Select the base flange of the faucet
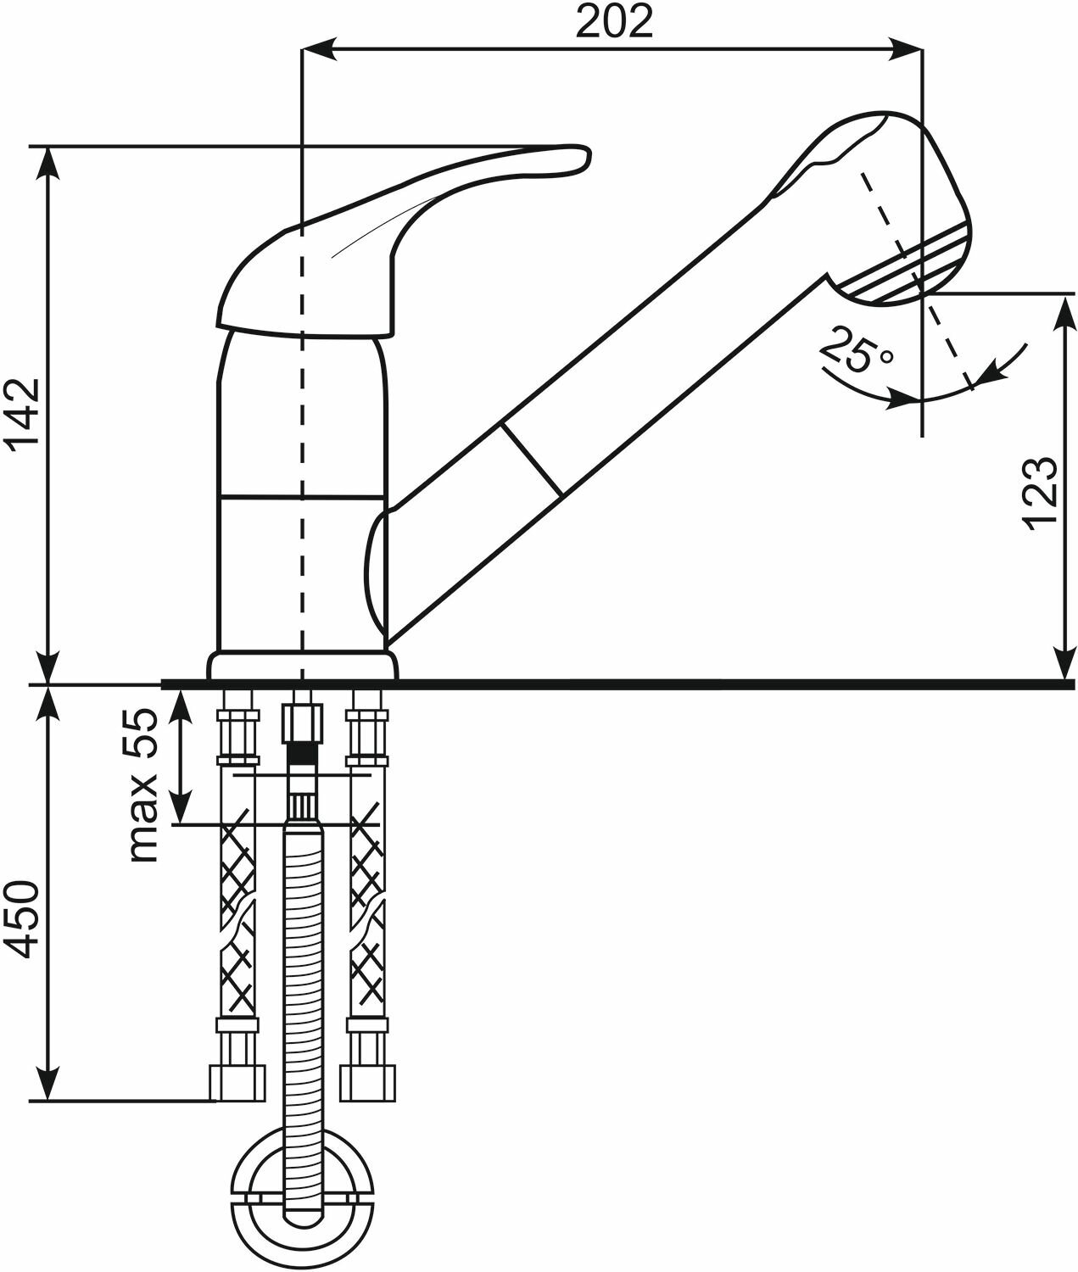(302, 665)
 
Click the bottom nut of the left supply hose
(232, 1082)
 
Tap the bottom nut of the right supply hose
(368, 1082)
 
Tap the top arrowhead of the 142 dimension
(48, 161)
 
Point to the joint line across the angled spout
(531, 459)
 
